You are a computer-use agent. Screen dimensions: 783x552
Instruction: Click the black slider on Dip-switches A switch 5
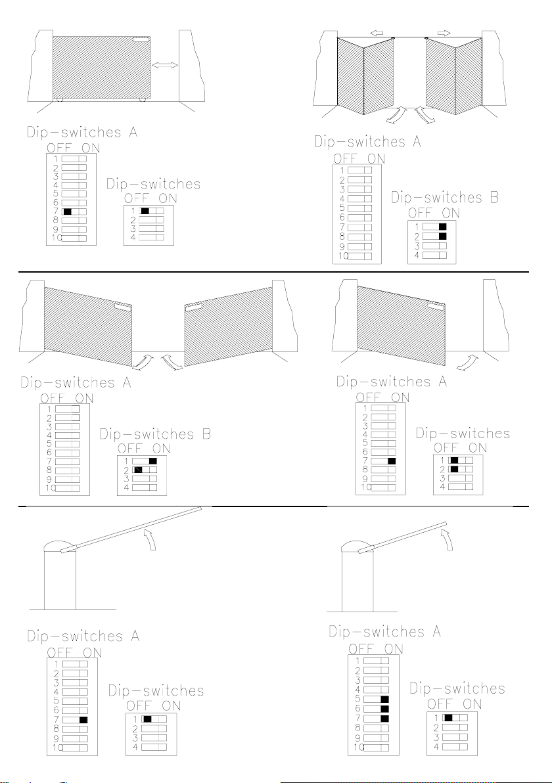384,700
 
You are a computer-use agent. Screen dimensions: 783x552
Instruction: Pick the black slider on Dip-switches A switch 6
384,709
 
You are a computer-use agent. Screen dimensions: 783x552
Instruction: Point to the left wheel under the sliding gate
59,100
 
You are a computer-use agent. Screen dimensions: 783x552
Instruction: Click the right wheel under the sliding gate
142,100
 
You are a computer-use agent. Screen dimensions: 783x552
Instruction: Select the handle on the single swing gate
435,305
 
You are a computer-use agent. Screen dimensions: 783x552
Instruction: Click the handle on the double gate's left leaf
123,305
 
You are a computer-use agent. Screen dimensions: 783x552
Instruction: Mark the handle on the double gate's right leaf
194,305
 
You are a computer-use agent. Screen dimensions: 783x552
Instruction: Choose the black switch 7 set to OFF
67,212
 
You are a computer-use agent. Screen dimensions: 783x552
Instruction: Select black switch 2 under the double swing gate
138,470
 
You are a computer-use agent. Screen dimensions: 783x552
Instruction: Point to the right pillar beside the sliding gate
193,66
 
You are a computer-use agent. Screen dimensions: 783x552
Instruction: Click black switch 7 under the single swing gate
392,461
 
